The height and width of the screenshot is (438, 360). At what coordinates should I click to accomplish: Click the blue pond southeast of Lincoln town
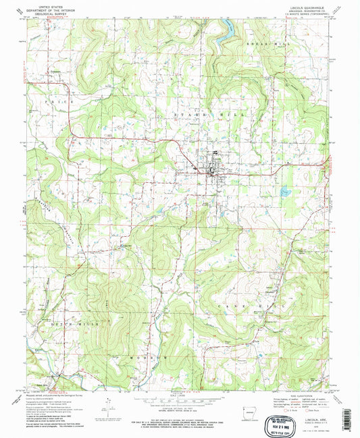[x=284, y=192]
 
